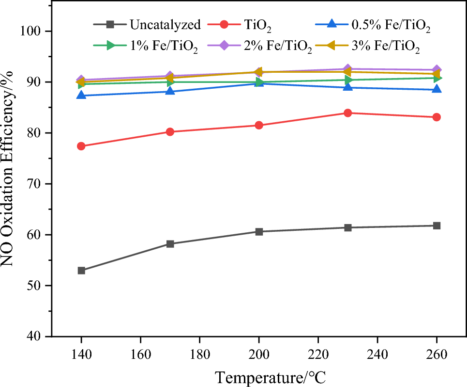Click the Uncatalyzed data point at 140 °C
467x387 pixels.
(81, 271)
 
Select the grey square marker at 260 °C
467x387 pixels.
(437, 226)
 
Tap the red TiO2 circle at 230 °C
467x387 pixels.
(347, 113)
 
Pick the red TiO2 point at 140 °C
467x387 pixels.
(81, 146)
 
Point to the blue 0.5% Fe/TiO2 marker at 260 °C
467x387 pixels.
(437, 89)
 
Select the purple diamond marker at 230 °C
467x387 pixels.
(347, 69)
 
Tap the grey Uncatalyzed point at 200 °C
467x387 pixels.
(259, 232)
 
